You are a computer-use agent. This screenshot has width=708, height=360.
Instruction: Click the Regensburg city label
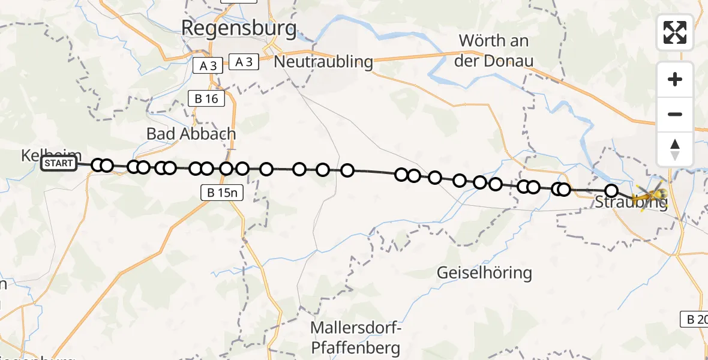click(239, 28)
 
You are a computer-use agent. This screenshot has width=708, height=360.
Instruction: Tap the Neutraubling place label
click(323, 61)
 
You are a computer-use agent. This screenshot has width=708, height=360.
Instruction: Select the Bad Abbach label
click(191, 134)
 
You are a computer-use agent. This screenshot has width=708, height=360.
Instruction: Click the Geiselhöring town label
click(484, 274)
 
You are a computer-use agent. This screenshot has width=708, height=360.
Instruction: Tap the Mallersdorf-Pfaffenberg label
click(356, 338)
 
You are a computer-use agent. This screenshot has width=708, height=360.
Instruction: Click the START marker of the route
click(59, 164)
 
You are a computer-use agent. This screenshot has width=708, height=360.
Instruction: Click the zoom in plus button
click(675, 79)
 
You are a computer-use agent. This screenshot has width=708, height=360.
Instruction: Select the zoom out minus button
click(675, 114)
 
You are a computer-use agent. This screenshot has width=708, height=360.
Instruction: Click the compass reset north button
click(675, 149)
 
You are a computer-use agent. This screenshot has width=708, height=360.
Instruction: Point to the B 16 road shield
click(206, 99)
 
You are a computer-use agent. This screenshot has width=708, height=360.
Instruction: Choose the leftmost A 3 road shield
click(208, 65)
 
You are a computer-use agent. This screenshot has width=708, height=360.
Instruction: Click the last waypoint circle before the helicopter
click(611, 191)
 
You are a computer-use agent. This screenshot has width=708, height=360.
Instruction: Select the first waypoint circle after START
click(98, 165)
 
